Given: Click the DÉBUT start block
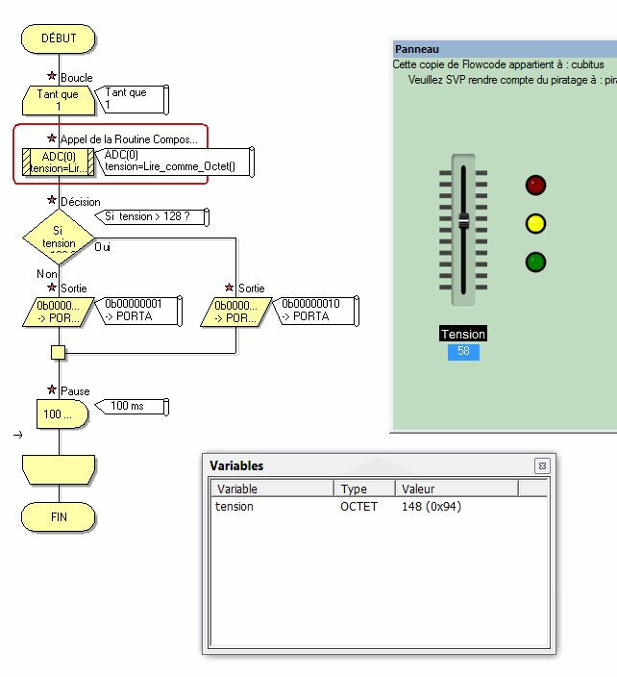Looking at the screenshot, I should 59,38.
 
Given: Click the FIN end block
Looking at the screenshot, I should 59,516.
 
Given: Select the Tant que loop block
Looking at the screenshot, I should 58,100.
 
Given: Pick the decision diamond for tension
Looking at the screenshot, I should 59,237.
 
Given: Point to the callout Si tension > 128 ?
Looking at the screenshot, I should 154,216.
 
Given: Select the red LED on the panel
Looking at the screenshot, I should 535,186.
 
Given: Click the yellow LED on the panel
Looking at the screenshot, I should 535,224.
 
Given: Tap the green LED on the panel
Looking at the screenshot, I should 535,262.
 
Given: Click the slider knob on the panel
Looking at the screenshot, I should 463,221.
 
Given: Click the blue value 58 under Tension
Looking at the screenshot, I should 463,352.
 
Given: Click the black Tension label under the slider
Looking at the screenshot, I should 463,334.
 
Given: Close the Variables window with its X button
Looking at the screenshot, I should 542,465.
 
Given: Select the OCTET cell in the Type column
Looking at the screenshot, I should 359,507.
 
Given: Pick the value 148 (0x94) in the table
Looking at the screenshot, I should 432,507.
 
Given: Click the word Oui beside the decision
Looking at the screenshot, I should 103,247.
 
